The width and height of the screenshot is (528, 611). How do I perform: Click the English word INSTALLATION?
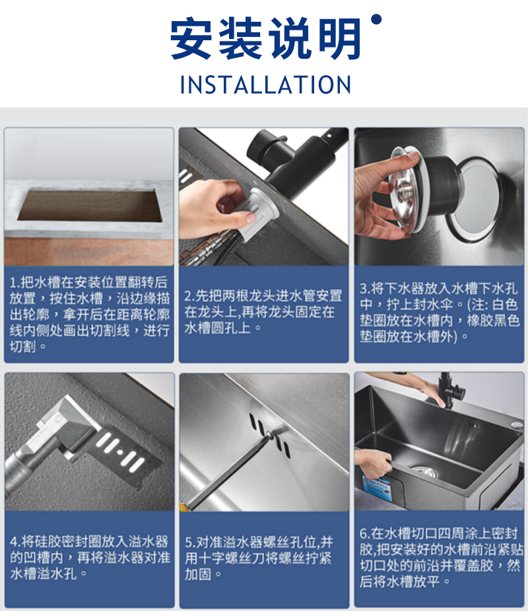(265, 84)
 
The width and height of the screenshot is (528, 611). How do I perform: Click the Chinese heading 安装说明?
(265, 38)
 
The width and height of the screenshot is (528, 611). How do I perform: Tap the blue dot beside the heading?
(376, 19)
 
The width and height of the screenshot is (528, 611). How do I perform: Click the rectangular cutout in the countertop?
(90, 205)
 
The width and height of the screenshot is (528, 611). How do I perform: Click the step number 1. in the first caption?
(15, 282)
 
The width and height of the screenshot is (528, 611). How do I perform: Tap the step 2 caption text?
(263, 311)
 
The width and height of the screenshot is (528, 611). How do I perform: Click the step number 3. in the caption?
(365, 289)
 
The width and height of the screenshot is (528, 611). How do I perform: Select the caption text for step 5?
(259, 558)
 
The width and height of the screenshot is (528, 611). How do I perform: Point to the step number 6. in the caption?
(365, 533)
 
